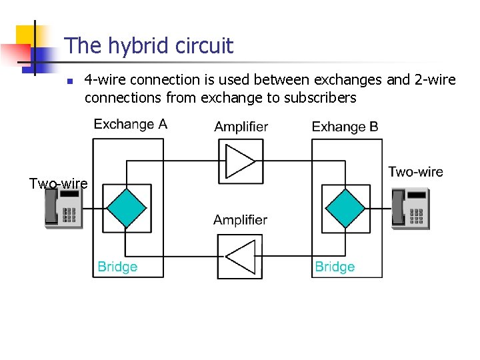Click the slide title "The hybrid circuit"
click(x=149, y=46)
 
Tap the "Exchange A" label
click(x=130, y=124)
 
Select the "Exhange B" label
click(x=345, y=127)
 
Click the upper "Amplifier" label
click(x=241, y=127)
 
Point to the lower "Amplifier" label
click(x=240, y=220)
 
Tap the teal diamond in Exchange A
click(x=127, y=209)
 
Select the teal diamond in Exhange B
click(x=345, y=209)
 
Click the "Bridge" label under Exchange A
click(x=117, y=267)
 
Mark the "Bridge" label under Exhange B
click(x=334, y=267)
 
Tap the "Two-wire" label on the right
click(x=415, y=172)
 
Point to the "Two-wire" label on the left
click(x=58, y=183)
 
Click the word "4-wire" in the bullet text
click(x=105, y=80)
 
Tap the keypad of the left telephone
click(x=70, y=215)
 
